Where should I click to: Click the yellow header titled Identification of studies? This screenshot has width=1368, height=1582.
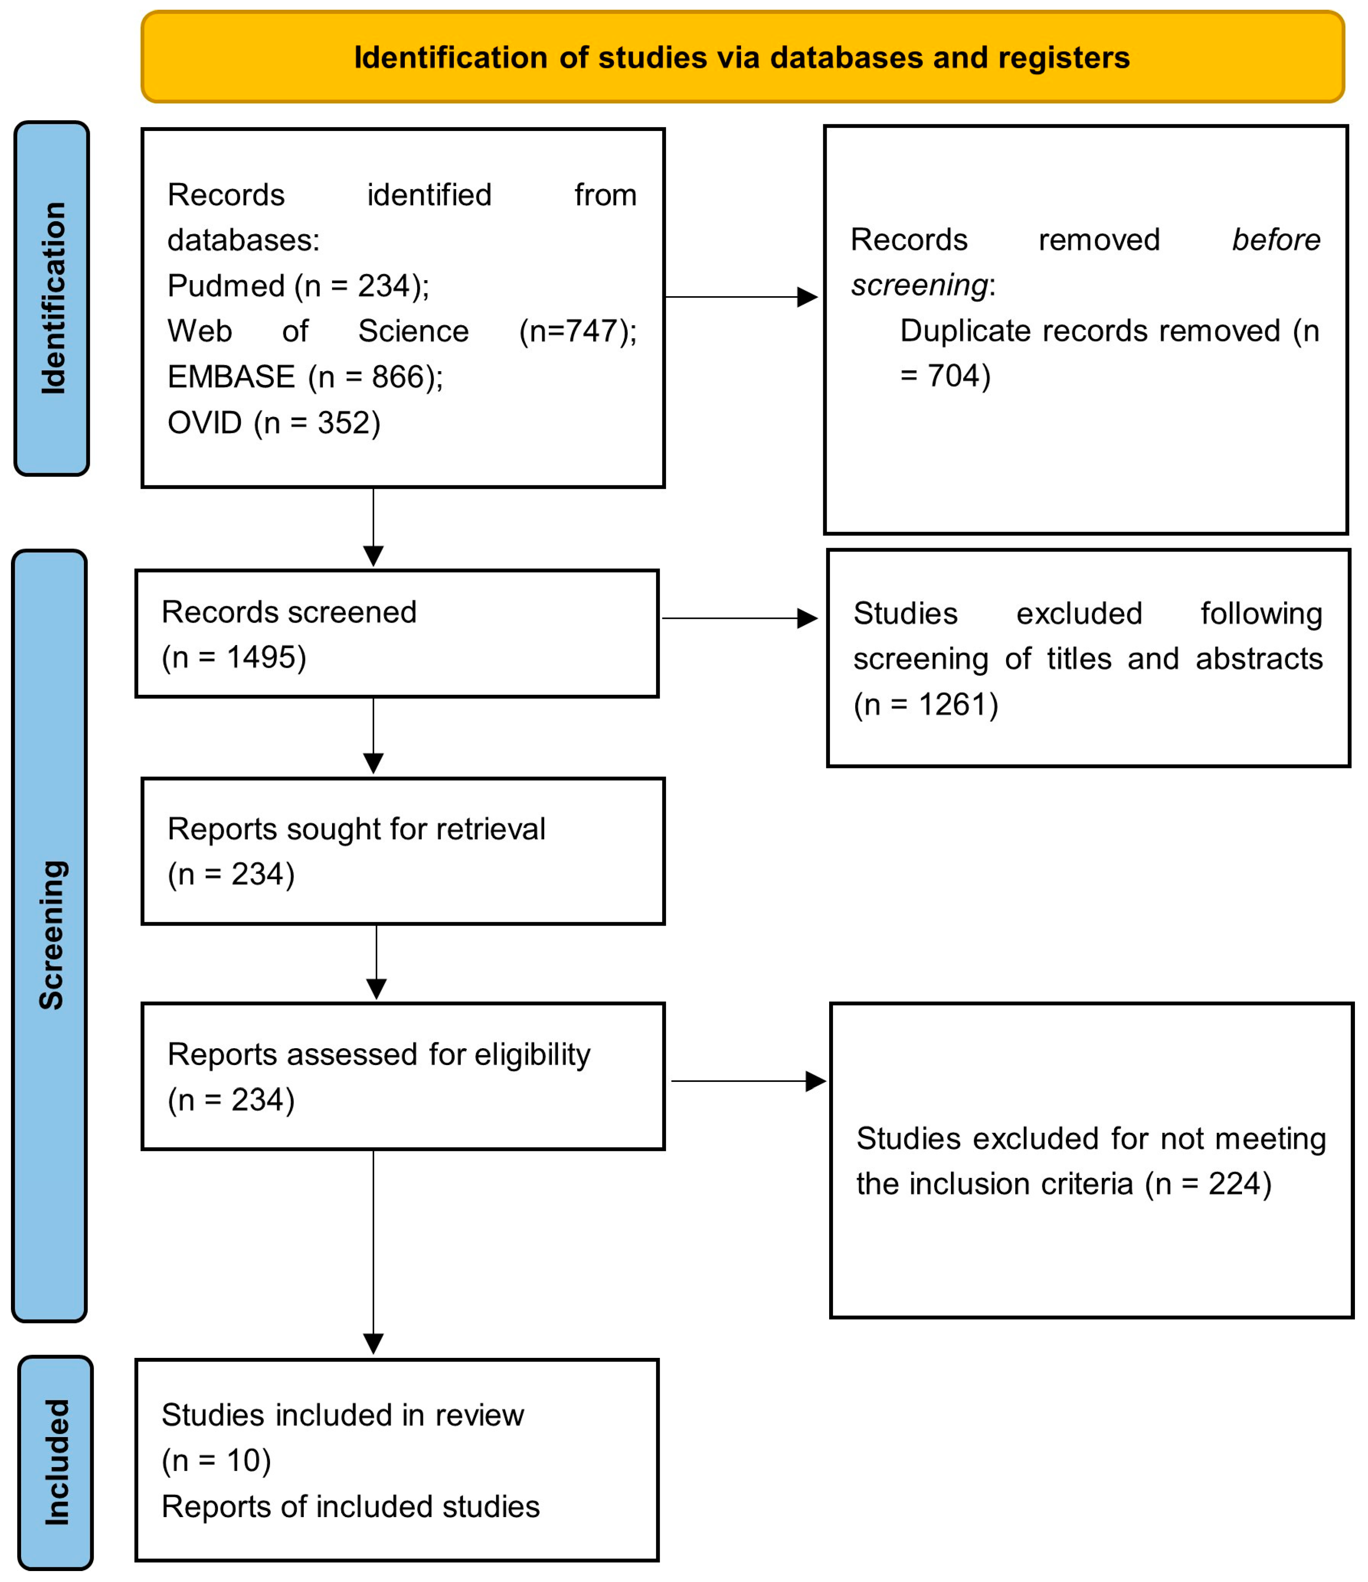click(742, 57)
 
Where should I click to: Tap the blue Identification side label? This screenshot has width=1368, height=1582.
click(52, 298)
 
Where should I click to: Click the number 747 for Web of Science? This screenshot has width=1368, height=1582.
click(591, 332)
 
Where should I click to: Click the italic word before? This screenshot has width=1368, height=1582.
click(1276, 240)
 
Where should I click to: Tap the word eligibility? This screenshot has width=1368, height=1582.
click(532, 1055)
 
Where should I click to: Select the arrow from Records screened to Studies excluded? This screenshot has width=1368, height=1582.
click(739, 618)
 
